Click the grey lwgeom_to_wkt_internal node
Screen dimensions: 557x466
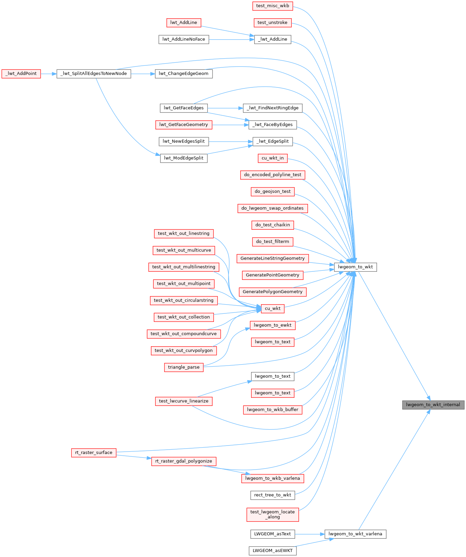[433, 405]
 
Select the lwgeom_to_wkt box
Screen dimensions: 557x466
[355, 267]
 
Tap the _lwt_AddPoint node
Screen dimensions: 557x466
[21, 74]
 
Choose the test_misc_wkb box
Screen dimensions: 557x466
[272, 6]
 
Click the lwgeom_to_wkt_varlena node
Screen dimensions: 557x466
[355, 534]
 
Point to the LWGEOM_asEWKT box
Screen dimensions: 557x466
[272, 551]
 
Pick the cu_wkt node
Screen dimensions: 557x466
[272, 308]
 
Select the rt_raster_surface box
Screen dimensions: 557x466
[94, 453]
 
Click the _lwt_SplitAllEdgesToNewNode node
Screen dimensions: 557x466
[94, 74]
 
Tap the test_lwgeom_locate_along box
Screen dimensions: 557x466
[272, 514]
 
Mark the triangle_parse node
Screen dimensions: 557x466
[184, 367]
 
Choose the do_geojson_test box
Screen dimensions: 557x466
[272, 191]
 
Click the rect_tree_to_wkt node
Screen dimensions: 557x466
[272, 495]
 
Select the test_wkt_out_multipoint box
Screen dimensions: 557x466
[183, 284]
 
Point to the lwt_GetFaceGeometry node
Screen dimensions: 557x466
[184, 125]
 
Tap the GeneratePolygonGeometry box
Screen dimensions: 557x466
[272, 292]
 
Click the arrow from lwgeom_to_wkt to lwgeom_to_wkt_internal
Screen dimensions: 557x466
[394, 336]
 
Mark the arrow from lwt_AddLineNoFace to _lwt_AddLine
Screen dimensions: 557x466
[231, 39]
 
